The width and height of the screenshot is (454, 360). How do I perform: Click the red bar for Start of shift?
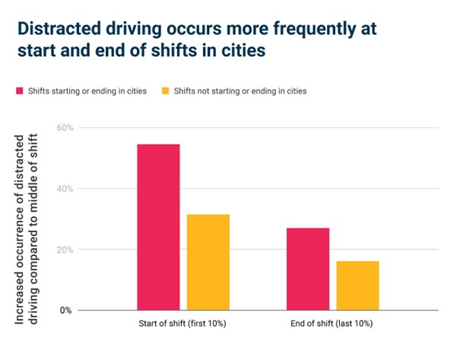point(158,227)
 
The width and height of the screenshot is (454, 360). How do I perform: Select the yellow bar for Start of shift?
point(208,263)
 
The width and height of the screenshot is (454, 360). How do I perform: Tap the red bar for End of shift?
point(308,269)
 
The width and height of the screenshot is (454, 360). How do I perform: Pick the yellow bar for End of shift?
point(357,285)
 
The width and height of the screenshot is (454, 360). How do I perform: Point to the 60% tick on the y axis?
point(65,128)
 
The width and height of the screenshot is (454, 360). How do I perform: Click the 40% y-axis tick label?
point(65,189)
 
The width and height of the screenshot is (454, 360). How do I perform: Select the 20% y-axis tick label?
point(65,250)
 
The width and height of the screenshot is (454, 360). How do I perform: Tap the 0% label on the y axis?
point(65,311)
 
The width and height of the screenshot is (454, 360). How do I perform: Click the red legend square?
point(20,91)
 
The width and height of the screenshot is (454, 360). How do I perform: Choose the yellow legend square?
point(165,91)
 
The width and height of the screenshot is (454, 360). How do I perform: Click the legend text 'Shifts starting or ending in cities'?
point(87,91)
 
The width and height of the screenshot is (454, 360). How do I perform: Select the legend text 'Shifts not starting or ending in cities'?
point(240,91)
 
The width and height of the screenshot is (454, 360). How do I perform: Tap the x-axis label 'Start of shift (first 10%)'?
point(183,323)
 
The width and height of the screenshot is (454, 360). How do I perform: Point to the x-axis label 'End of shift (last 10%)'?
point(332,323)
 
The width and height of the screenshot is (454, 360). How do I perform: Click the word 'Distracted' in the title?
point(59,28)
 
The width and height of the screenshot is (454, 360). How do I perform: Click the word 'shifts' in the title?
point(176,50)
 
